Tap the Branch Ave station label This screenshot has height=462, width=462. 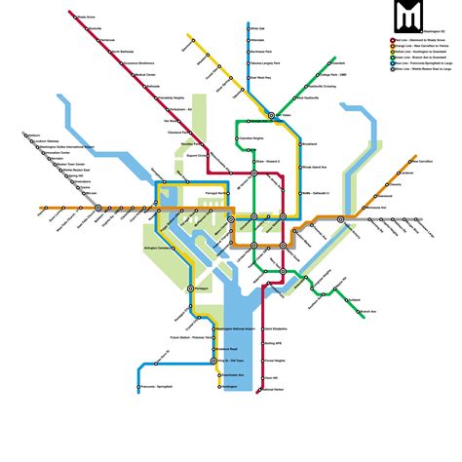click(367, 312)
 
